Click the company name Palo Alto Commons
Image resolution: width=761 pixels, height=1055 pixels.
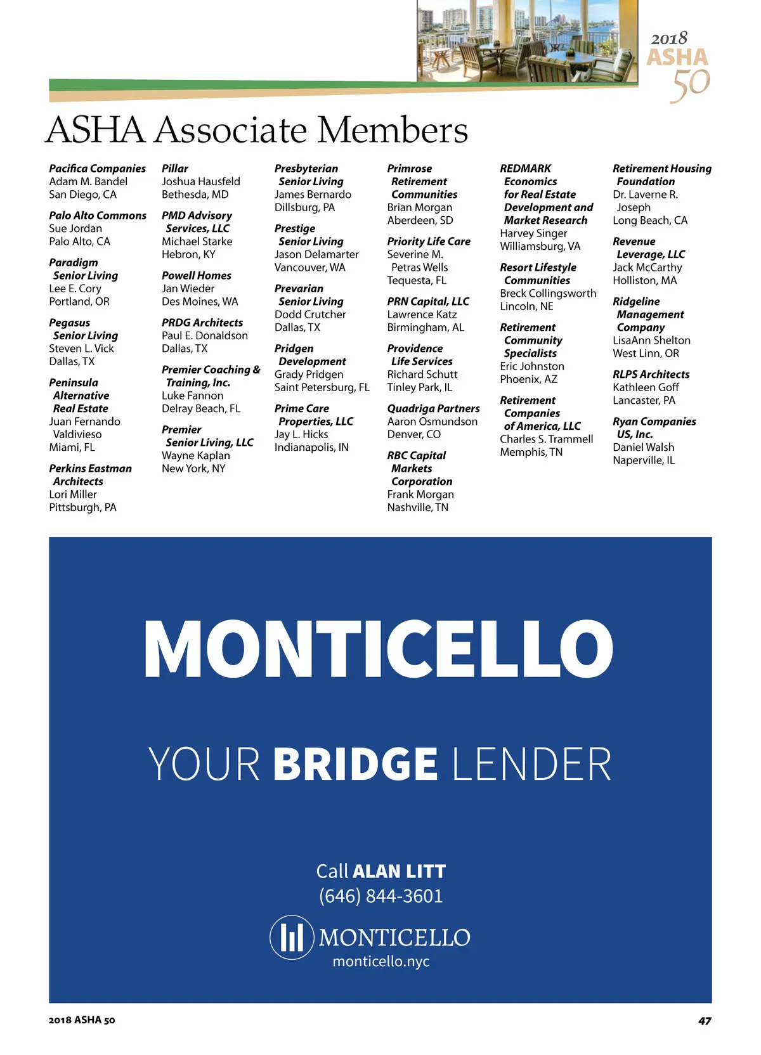(98, 216)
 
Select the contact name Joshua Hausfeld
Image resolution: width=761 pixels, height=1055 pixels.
(200, 181)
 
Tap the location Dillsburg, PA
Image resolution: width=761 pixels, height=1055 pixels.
(304, 207)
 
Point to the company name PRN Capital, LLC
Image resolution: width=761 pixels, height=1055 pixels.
(428, 301)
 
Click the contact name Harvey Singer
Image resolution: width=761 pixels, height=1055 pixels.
(533, 233)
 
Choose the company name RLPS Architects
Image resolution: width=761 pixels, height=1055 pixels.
(651, 374)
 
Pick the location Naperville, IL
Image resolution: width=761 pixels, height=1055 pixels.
(643, 460)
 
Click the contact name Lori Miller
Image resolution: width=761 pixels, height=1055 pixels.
(73, 495)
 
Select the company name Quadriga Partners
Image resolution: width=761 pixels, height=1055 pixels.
(433, 408)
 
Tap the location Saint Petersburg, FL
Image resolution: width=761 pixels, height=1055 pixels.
(322, 387)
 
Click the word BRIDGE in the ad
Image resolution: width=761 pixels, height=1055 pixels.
(355, 764)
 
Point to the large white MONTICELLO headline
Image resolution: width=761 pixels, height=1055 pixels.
(379, 648)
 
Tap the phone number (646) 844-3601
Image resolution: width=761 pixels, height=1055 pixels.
(380, 896)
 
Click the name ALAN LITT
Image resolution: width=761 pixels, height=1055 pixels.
(399, 871)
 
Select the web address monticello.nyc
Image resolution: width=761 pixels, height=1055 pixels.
(380, 961)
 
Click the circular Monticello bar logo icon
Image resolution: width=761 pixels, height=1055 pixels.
(292, 937)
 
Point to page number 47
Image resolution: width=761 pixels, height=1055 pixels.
(704, 1021)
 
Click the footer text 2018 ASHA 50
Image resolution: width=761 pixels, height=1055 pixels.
(82, 1020)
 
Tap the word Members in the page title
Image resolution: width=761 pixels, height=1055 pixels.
(392, 130)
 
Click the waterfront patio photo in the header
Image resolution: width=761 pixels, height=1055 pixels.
(527, 41)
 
